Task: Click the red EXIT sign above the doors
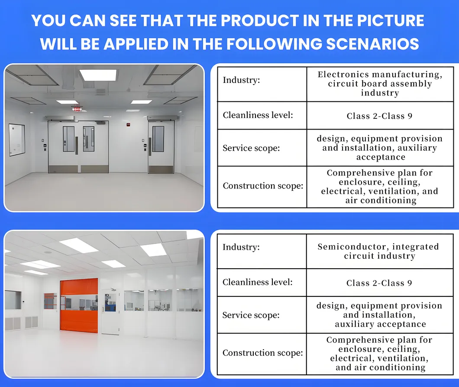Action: (78, 109)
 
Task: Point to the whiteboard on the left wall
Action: (17, 140)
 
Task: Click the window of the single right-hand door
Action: (158, 139)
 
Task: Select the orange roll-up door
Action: (78, 306)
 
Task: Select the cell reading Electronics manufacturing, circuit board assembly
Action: (380, 84)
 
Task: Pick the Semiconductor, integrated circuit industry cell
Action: (378, 251)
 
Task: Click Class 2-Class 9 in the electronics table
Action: (379, 116)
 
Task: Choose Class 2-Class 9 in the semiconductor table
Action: (379, 283)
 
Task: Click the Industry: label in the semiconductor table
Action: (241, 247)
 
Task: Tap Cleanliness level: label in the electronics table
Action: (258, 115)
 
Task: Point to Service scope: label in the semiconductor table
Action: (251, 315)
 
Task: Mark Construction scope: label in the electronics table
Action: (263, 186)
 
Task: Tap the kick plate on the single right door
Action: (161, 168)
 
